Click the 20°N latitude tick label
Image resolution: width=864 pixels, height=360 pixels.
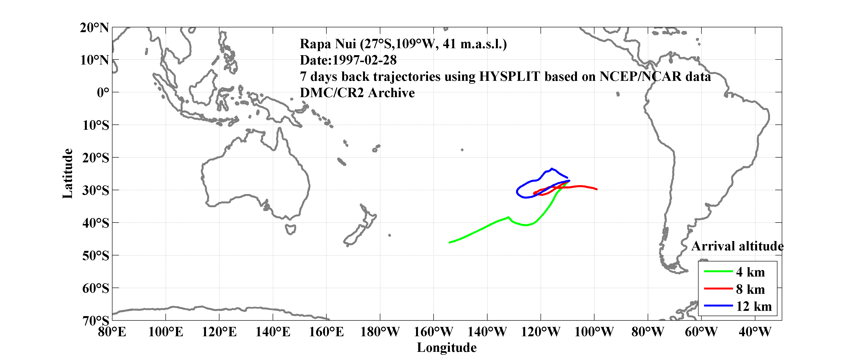click(94, 28)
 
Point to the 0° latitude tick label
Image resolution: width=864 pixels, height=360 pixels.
click(103, 93)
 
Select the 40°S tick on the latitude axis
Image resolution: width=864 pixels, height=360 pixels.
click(96, 223)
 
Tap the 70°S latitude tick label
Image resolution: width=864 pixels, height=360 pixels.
click(96, 321)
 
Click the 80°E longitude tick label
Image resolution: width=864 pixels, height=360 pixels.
click(112, 332)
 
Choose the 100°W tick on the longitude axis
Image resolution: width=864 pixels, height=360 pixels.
click(594, 332)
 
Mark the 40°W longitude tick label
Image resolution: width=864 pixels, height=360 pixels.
click(755, 332)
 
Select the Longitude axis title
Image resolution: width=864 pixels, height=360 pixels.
click(447, 348)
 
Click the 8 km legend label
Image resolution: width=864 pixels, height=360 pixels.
click(750, 289)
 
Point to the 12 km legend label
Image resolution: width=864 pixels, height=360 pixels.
click(754, 306)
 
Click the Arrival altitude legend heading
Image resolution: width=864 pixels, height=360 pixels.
click(737, 246)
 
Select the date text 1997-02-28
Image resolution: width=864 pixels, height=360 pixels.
click(364, 60)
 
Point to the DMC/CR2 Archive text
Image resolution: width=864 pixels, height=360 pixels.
click(357, 93)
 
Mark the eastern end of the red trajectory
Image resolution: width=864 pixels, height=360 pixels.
click(597, 189)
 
